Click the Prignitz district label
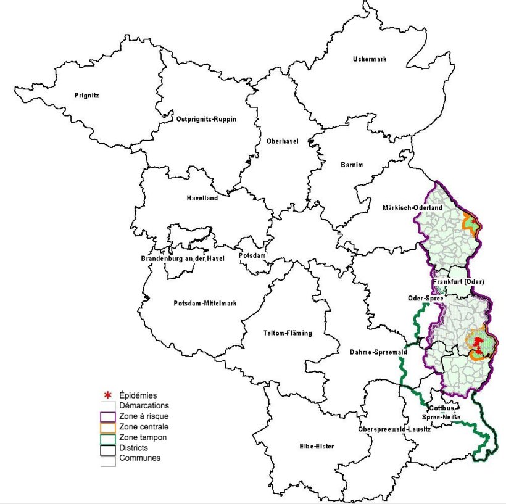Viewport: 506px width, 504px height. [x=86, y=96]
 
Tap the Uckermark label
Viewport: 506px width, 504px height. [x=370, y=59]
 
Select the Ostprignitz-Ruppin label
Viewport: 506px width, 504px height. [x=207, y=118]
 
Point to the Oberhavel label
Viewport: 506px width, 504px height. [x=282, y=141]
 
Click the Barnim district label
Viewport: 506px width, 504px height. [x=352, y=165]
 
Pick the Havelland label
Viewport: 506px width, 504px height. [x=202, y=198]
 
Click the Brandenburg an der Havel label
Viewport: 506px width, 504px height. [x=181, y=258]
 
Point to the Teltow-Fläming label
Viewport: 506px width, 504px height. [x=288, y=333]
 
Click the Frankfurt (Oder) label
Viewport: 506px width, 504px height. [x=458, y=281]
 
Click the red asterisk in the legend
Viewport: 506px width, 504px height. [x=109, y=395]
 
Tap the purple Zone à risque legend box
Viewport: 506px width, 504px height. [x=109, y=416]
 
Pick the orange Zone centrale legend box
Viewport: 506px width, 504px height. [x=109, y=427]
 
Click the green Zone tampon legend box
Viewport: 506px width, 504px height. [x=109, y=437]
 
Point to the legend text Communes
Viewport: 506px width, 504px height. [x=139, y=458]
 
